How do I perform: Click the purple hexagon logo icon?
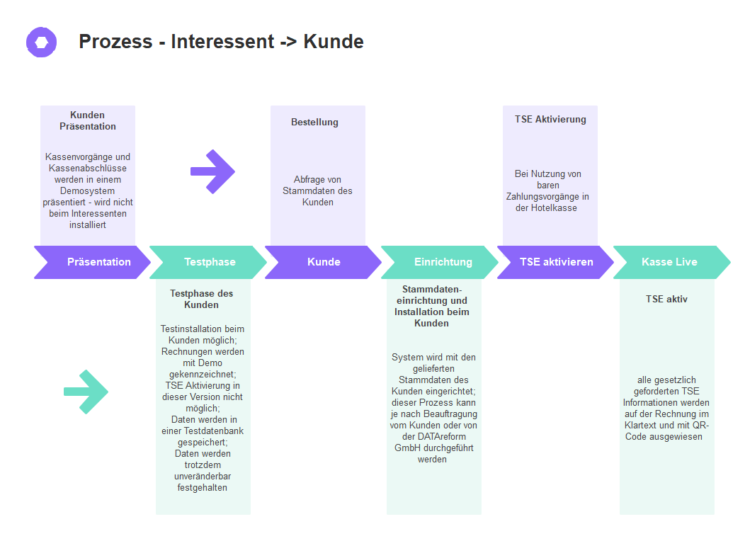point(41,42)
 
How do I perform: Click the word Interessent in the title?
point(222,42)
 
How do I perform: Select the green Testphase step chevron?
point(209,262)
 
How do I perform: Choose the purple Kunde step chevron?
point(324,262)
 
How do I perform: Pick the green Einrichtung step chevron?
point(442,262)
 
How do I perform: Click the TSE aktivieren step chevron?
point(556,262)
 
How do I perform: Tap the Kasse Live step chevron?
point(670,262)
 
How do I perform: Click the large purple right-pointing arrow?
point(212,171)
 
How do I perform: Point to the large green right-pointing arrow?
point(86,392)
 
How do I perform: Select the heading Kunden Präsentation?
point(88,120)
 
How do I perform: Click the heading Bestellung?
point(314,122)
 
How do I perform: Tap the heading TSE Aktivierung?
point(550,119)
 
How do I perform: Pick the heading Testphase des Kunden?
point(201,299)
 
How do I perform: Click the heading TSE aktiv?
point(666,299)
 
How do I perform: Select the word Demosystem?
point(87,191)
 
